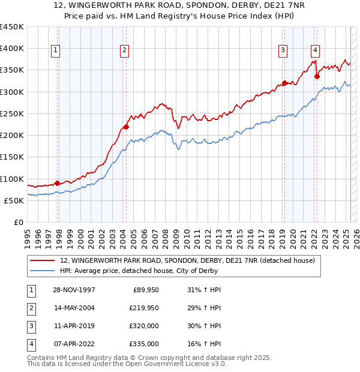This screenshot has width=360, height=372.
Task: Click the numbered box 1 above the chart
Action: (x=55, y=51)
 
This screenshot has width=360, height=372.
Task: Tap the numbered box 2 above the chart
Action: (x=124, y=51)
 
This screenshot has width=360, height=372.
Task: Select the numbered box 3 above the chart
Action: (x=282, y=51)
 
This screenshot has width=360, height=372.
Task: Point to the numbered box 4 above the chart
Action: (x=315, y=51)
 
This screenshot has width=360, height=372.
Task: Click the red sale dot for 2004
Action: (x=127, y=127)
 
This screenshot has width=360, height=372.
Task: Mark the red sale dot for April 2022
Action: (x=317, y=76)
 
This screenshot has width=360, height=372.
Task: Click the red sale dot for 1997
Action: (x=58, y=183)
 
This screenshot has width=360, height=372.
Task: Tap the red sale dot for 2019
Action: (x=284, y=83)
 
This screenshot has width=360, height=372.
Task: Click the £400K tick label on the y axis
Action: (x=12, y=49)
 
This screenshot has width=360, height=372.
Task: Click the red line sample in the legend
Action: (x=42, y=261)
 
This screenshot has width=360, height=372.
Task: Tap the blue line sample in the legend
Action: (x=42, y=271)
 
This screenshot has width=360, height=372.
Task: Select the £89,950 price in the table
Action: (x=144, y=290)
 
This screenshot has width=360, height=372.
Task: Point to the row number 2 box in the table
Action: (x=30, y=308)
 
